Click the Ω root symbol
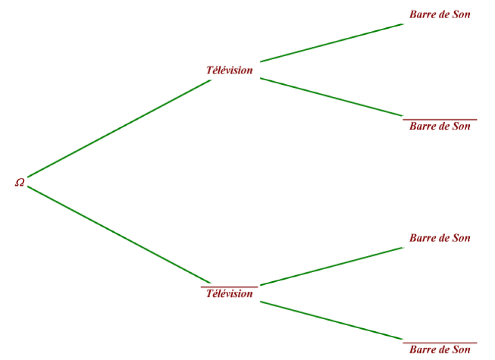click(x=20, y=182)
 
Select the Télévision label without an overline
click(x=229, y=70)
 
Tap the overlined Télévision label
click(x=229, y=293)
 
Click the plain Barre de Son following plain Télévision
click(x=440, y=14)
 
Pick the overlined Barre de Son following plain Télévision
click(x=440, y=126)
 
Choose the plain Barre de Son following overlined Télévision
click(x=440, y=238)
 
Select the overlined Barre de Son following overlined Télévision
click(x=440, y=349)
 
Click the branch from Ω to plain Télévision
click(x=119, y=128)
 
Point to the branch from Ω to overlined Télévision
click(x=119, y=235)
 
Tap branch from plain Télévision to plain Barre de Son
click(x=332, y=42)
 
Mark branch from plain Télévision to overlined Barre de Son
click(x=332, y=97)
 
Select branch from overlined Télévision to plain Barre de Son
click(x=332, y=266)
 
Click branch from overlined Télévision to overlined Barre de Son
click(x=332, y=321)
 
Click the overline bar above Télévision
click(x=229, y=287)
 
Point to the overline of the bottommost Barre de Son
click(x=440, y=343)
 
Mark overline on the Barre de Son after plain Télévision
click(x=440, y=120)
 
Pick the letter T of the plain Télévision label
click(x=210, y=70)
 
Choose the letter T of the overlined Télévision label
click(x=210, y=293)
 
